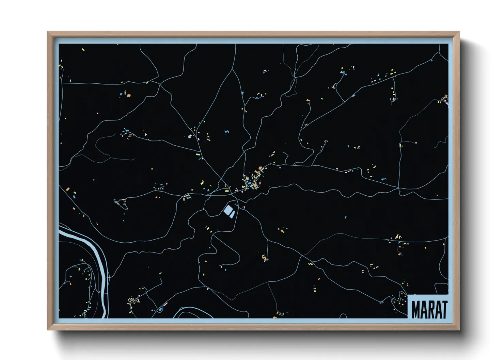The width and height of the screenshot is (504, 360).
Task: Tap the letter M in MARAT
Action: [x=416, y=309]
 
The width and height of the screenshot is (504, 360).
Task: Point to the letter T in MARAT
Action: [x=443, y=309]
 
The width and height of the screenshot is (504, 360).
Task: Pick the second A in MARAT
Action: [x=437, y=309]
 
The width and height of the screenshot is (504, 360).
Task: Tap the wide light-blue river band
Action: [x=99, y=259]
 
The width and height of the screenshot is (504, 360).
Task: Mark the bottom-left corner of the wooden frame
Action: [x=48, y=329]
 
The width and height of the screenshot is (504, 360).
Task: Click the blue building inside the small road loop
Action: [x=159, y=309]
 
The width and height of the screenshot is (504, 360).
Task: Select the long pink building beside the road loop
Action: [x=166, y=304]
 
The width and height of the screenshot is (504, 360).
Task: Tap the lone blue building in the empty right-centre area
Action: [x=345, y=217]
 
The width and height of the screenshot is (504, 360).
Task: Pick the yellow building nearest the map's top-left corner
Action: [x=83, y=50]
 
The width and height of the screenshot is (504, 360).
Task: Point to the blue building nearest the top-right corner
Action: [x=432, y=61]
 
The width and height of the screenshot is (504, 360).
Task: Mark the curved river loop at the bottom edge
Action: [x=191, y=311]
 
